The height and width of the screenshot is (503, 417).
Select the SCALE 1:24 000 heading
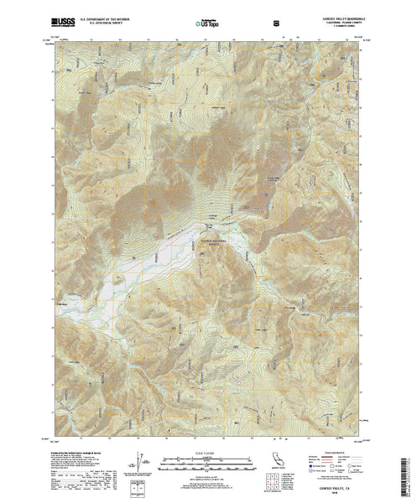click(207, 453)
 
